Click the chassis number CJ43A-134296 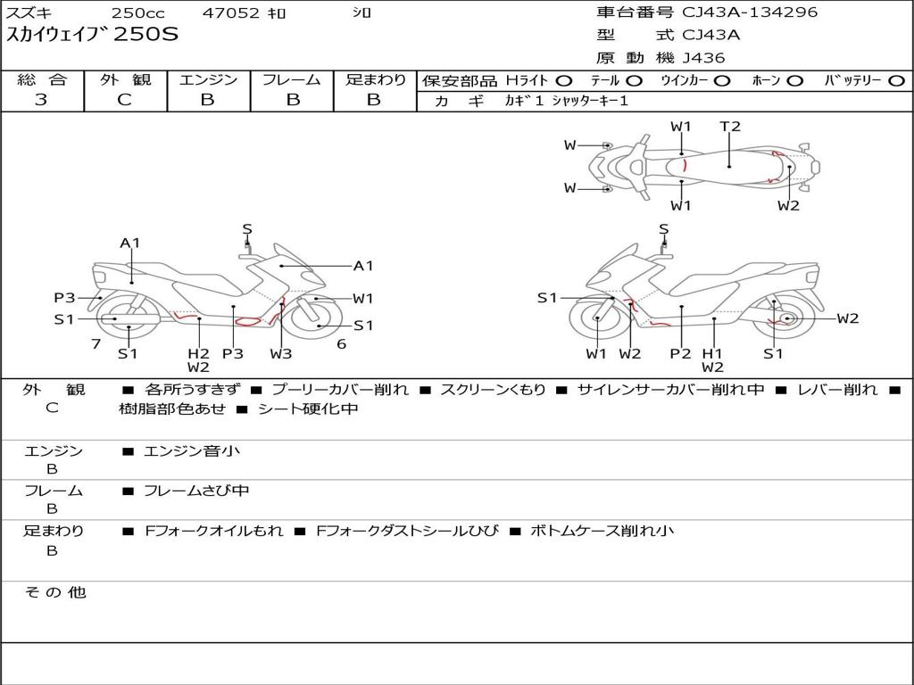tap(750, 12)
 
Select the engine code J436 tap(704, 58)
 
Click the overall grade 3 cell tap(41, 100)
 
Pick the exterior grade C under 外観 tap(124, 100)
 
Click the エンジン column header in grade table tap(208, 79)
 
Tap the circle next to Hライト tap(564, 80)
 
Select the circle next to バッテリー tap(895, 80)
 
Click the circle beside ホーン tap(794, 80)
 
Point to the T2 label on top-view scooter tap(730, 127)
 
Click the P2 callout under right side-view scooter tap(681, 353)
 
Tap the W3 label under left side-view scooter tap(281, 353)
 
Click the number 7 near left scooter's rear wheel tap(96, 343)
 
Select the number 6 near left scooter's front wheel tap(341, 343)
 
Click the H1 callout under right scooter tap(712, 353)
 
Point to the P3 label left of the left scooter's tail tap(64, 298)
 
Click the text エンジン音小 tap(192, 451)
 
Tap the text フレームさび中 tap(196, 491)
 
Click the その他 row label tap(54, 592)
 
